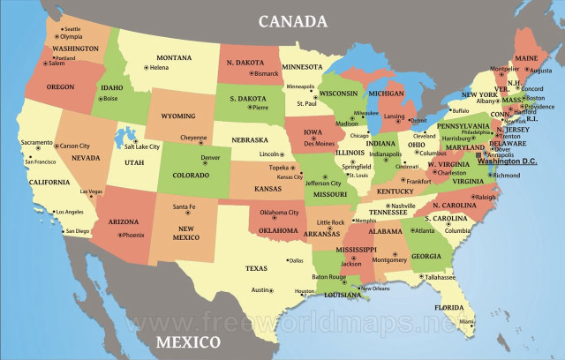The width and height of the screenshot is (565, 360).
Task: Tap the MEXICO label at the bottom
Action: coord(188,341)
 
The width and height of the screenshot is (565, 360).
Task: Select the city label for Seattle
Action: coord(72,29)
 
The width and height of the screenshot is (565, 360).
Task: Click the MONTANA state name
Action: coord(174,57)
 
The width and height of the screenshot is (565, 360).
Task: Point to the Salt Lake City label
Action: coord(142,146)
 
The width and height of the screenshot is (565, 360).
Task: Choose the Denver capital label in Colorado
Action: coord(210,158)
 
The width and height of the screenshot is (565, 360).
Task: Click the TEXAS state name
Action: coord(256,268)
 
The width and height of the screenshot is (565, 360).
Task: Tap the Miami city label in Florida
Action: coord(466,323)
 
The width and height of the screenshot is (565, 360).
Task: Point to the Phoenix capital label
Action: coord(132,235)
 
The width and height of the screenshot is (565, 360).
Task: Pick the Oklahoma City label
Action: coord(280,213)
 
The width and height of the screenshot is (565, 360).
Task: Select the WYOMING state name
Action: coord(177,116)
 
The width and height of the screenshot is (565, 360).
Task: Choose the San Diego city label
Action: coord(78,231)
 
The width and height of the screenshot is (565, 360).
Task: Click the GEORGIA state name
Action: coord(426,256)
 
